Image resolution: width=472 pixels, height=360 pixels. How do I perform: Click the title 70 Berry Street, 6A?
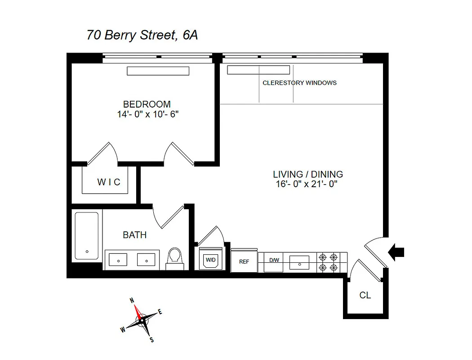(x=142, y=35)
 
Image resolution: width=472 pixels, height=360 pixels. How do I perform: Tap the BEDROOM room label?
(x=147, y=104)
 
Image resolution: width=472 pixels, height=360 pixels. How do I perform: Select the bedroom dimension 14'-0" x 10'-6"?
(x=148, y=114)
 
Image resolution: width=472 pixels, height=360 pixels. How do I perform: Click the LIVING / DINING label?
(x=308, y=174)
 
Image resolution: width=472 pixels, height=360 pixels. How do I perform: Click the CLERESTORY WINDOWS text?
(x=299, y=83)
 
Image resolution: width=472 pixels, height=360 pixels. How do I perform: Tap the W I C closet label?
(x=109, y=182)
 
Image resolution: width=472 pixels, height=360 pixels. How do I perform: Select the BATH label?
(x=134, y=235)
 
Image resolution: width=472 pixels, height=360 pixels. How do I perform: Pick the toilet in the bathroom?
(x=174, y=258)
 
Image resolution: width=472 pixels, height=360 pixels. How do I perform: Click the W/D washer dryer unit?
(x=210, y=260)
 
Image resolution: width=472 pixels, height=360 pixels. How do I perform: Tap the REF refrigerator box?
(x=244, y=261)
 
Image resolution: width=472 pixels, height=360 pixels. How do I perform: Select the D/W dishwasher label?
(x=274, y=260)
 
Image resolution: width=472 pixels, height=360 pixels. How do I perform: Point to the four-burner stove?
(x=328, y=262)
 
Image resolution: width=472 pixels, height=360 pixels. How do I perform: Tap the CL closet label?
(x=365, y=296)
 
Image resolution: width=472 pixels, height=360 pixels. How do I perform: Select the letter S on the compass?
(x=151, y=339)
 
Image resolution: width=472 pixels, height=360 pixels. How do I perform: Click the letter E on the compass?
(x=160, y=312)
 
